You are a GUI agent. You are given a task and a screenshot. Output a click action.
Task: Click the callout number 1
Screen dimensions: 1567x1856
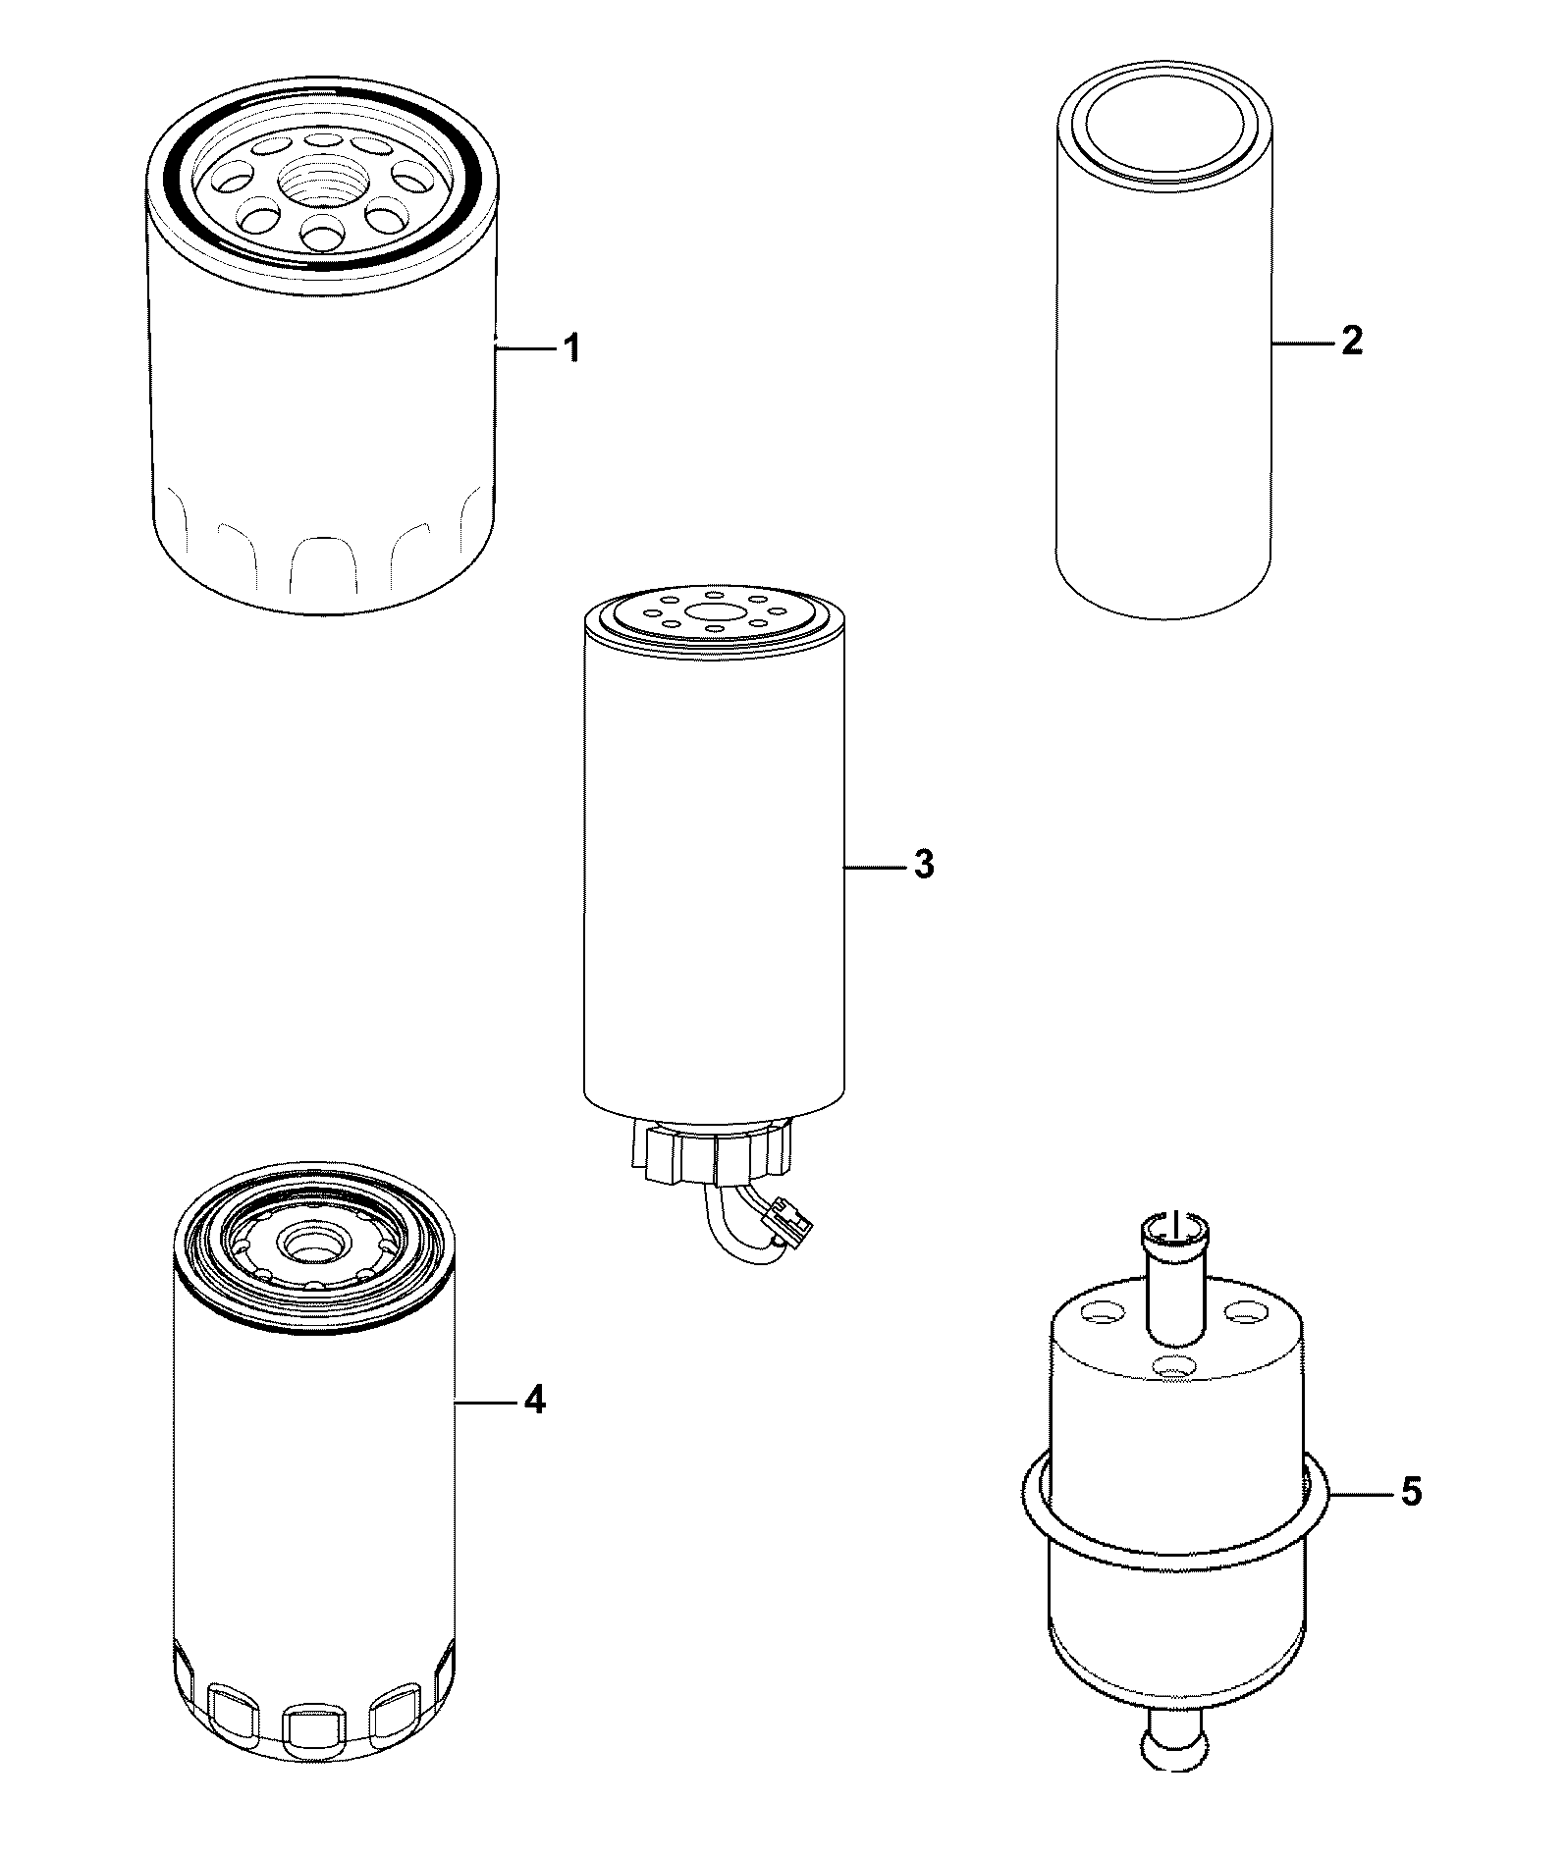coord(570,347)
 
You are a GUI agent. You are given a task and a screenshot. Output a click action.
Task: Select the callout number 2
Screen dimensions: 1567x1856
coord(1351,342)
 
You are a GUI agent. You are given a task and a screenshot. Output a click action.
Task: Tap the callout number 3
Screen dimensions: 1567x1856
coord(923,866)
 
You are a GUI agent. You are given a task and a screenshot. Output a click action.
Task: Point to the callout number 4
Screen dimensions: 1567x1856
coord(534,1402)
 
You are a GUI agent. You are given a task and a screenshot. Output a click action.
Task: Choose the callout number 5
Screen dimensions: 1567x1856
coord(1410,1520)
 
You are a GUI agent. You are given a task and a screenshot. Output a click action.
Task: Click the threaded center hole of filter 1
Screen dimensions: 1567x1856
coord(318,182)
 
